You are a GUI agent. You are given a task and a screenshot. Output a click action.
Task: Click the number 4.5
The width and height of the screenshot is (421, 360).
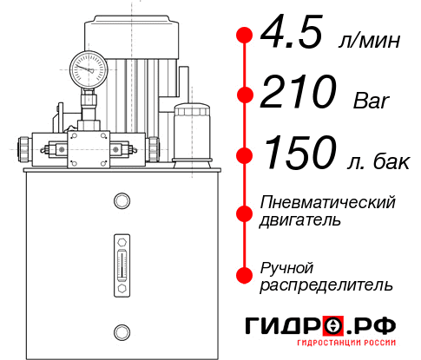[x=293, y=36]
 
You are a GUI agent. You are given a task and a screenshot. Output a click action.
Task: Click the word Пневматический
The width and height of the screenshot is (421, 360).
[x=328, y=202]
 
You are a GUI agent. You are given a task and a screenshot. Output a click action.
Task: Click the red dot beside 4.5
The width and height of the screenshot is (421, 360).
[x=245, y=36]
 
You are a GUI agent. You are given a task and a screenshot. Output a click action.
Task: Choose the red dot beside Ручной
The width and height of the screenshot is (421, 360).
[x=245, y=275]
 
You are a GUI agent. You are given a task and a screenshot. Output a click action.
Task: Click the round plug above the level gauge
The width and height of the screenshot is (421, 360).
[x=121, y=202]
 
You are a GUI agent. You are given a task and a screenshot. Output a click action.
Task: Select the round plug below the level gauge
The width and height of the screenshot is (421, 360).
[x=121, y=330]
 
